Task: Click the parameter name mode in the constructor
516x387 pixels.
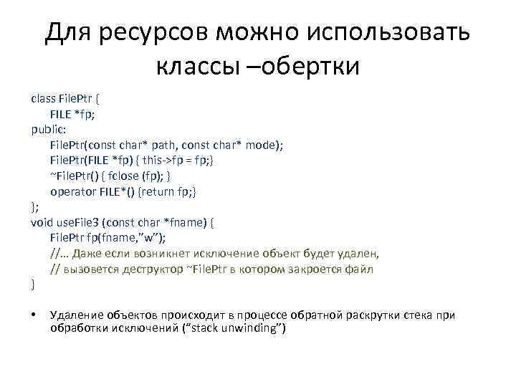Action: [x=266, y=145]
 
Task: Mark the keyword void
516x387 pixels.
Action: [x=42, y=223]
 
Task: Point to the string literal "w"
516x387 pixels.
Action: [x=159, y=239]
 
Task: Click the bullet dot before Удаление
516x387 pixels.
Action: [x=34, y=316]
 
